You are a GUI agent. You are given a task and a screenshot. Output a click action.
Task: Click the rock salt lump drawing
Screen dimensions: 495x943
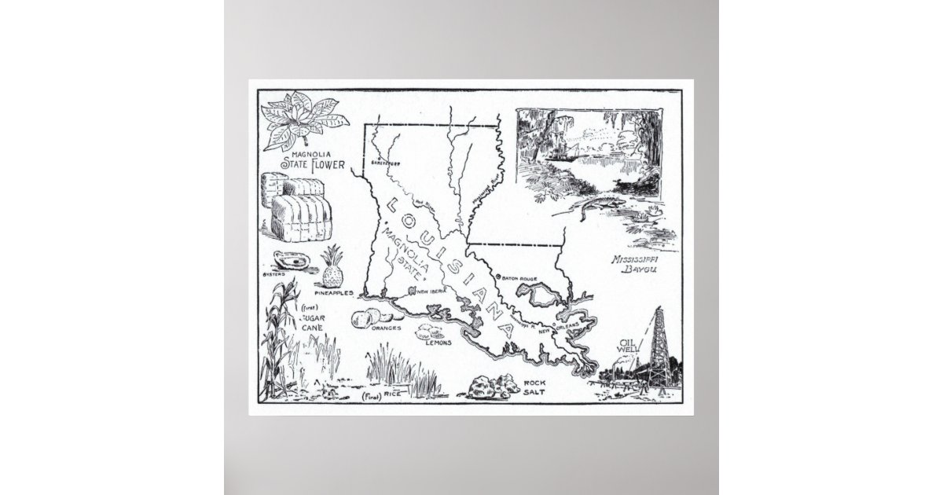point(483,386)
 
